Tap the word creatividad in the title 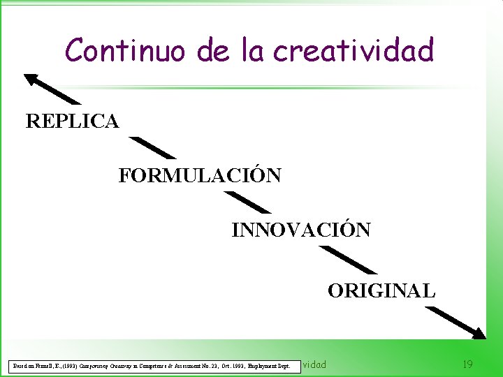(353, 50)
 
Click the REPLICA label (72, 121)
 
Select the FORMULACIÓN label (200, 175)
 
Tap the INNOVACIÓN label (301, 230)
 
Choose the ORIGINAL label (381, 290)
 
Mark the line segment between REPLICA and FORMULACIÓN (153, 148)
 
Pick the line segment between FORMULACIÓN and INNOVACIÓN (245, 202)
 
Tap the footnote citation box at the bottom (150, 365)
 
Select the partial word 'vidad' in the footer (314, 364)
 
